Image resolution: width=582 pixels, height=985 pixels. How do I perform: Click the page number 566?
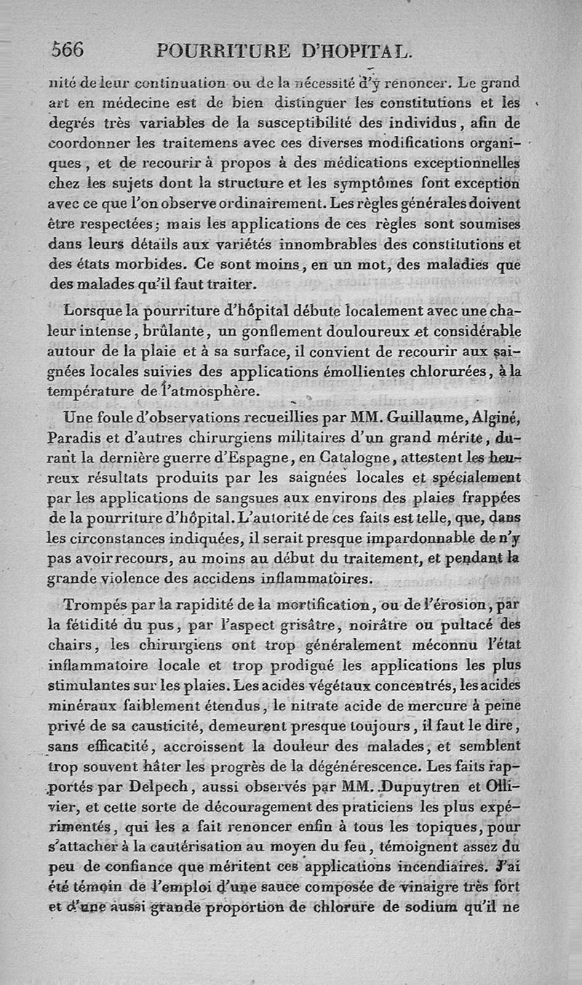[68, 49]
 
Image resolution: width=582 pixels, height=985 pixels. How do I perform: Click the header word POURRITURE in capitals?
[224, 51]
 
